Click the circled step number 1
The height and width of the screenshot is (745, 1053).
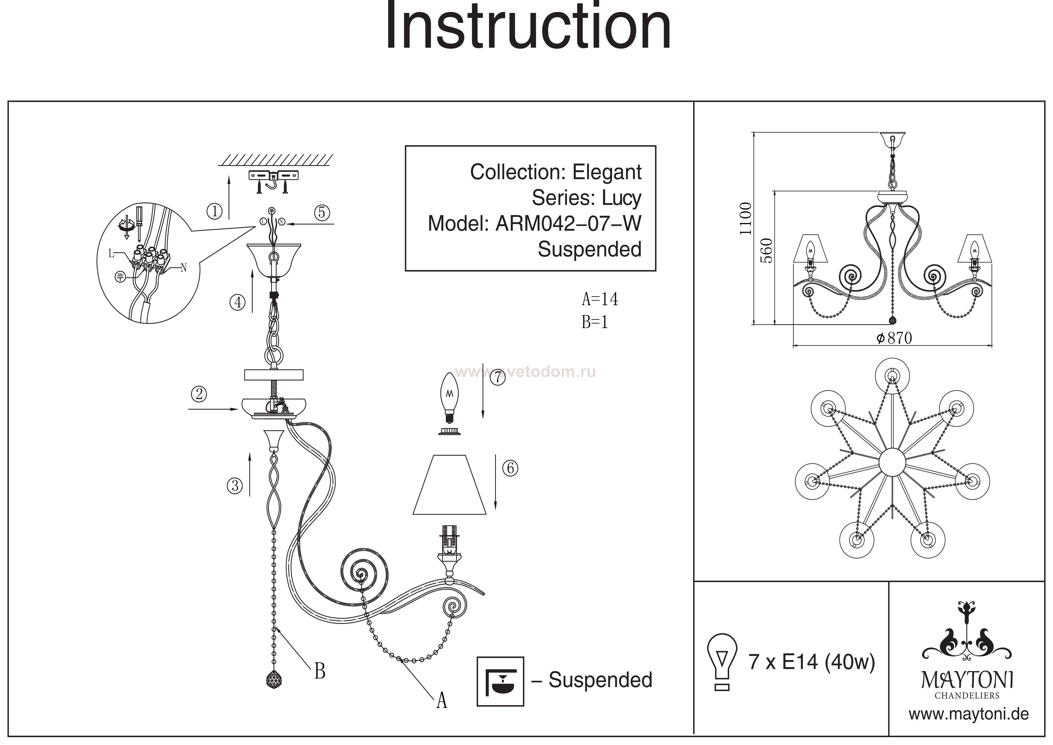pos(214,211)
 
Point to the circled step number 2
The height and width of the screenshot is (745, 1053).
pos(199,394)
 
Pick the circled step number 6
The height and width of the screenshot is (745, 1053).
pos(510,468)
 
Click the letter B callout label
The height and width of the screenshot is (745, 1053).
pos(320,672)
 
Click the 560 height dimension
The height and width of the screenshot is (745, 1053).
pos(766,251)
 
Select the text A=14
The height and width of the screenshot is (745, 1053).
pos(600,299)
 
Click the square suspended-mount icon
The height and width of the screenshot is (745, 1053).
pos(500,681)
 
